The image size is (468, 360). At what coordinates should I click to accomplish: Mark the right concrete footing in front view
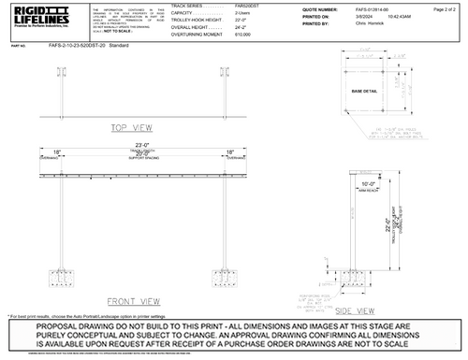(x=230, y=278)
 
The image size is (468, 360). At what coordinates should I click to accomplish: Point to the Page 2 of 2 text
(x=444, y=8)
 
